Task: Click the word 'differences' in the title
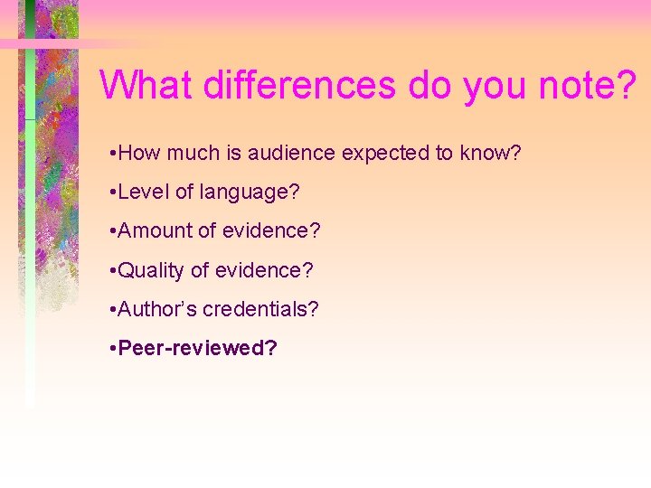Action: pos(299,85)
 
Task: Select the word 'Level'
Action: pos(140,192)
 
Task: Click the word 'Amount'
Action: pos(156,230)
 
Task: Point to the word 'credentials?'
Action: pos(260,308)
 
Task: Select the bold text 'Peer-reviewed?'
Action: pos(197,348)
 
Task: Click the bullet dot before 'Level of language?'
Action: pos(109,192)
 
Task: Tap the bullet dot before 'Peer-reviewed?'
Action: pos(109,348)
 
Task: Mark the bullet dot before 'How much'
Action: pos(109,153)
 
